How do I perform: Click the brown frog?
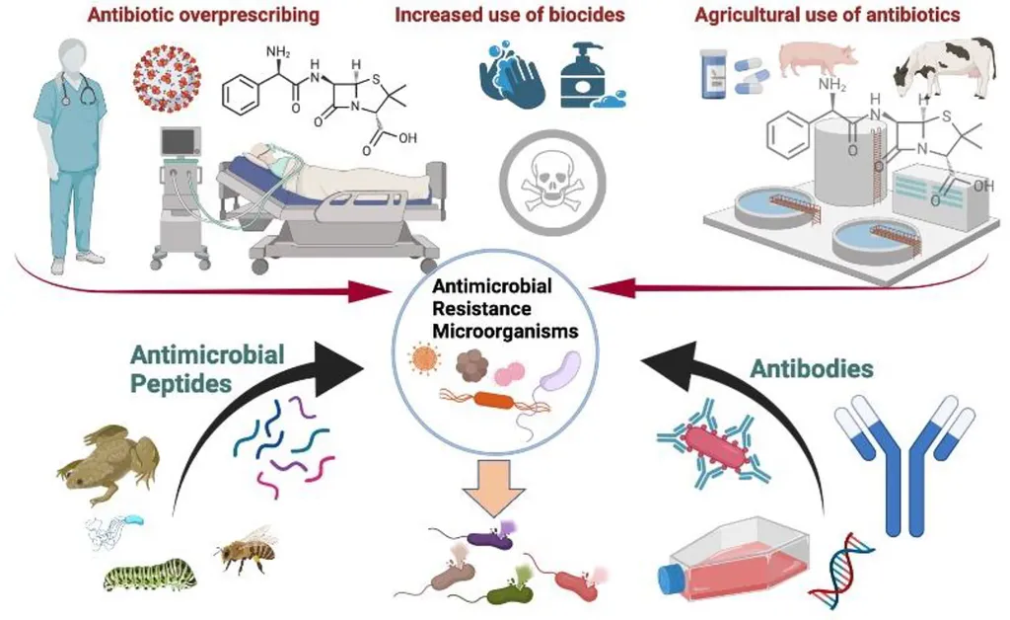click(108, 458)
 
